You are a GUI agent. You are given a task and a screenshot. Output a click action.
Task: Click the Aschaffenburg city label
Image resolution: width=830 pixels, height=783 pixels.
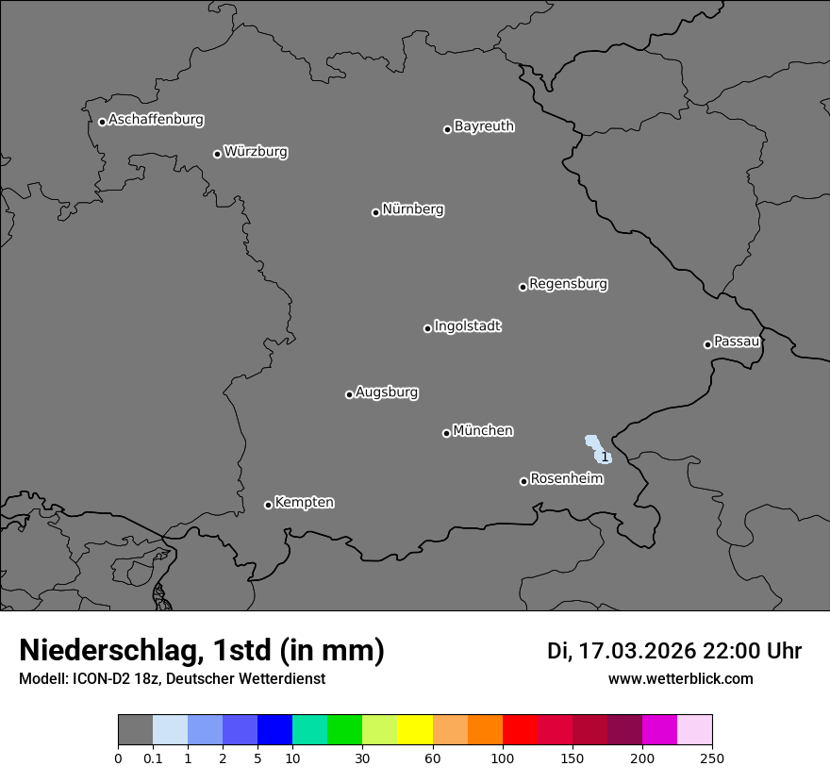click(156, 120)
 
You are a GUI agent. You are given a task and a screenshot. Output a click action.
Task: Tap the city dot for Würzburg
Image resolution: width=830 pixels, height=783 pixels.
click(217, 154)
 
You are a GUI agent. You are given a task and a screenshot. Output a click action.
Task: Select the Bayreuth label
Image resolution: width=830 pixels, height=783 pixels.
click(484, 126)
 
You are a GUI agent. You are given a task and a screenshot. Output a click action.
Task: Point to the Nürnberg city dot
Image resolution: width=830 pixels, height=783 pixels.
click(375, 212)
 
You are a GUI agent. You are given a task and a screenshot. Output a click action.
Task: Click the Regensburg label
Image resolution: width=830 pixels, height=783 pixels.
click(568, 284)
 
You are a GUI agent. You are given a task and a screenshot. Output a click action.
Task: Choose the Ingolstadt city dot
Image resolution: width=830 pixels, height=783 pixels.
click(427, 328)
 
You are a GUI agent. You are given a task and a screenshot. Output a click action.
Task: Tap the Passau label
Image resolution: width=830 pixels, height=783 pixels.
click(737, 342)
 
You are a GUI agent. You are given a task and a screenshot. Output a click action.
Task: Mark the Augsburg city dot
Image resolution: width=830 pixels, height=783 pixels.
click(349, 394)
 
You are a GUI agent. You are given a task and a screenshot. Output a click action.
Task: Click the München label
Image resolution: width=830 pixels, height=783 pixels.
click(483, 431)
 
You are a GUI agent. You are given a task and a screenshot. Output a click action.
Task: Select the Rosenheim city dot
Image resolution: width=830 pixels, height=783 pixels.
click(523, 482)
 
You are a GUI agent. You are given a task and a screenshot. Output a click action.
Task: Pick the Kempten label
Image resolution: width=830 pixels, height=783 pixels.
click(304, 503)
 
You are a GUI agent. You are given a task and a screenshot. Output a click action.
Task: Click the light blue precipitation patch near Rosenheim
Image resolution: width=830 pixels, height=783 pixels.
click(597, 447)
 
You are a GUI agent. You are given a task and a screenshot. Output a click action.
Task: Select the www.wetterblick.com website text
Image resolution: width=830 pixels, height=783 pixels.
click(680, 679)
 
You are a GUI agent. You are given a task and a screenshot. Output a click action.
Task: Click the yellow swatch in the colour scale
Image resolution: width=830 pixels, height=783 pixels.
click(415, 730)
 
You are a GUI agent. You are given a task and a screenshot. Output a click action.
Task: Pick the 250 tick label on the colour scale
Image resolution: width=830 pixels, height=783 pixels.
click(712, 758)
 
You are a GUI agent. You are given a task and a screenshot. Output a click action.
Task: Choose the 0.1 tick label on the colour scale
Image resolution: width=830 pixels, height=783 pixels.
click(153, 758)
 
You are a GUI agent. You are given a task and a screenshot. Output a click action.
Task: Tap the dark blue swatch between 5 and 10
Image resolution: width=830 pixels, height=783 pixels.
click(274, 730)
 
